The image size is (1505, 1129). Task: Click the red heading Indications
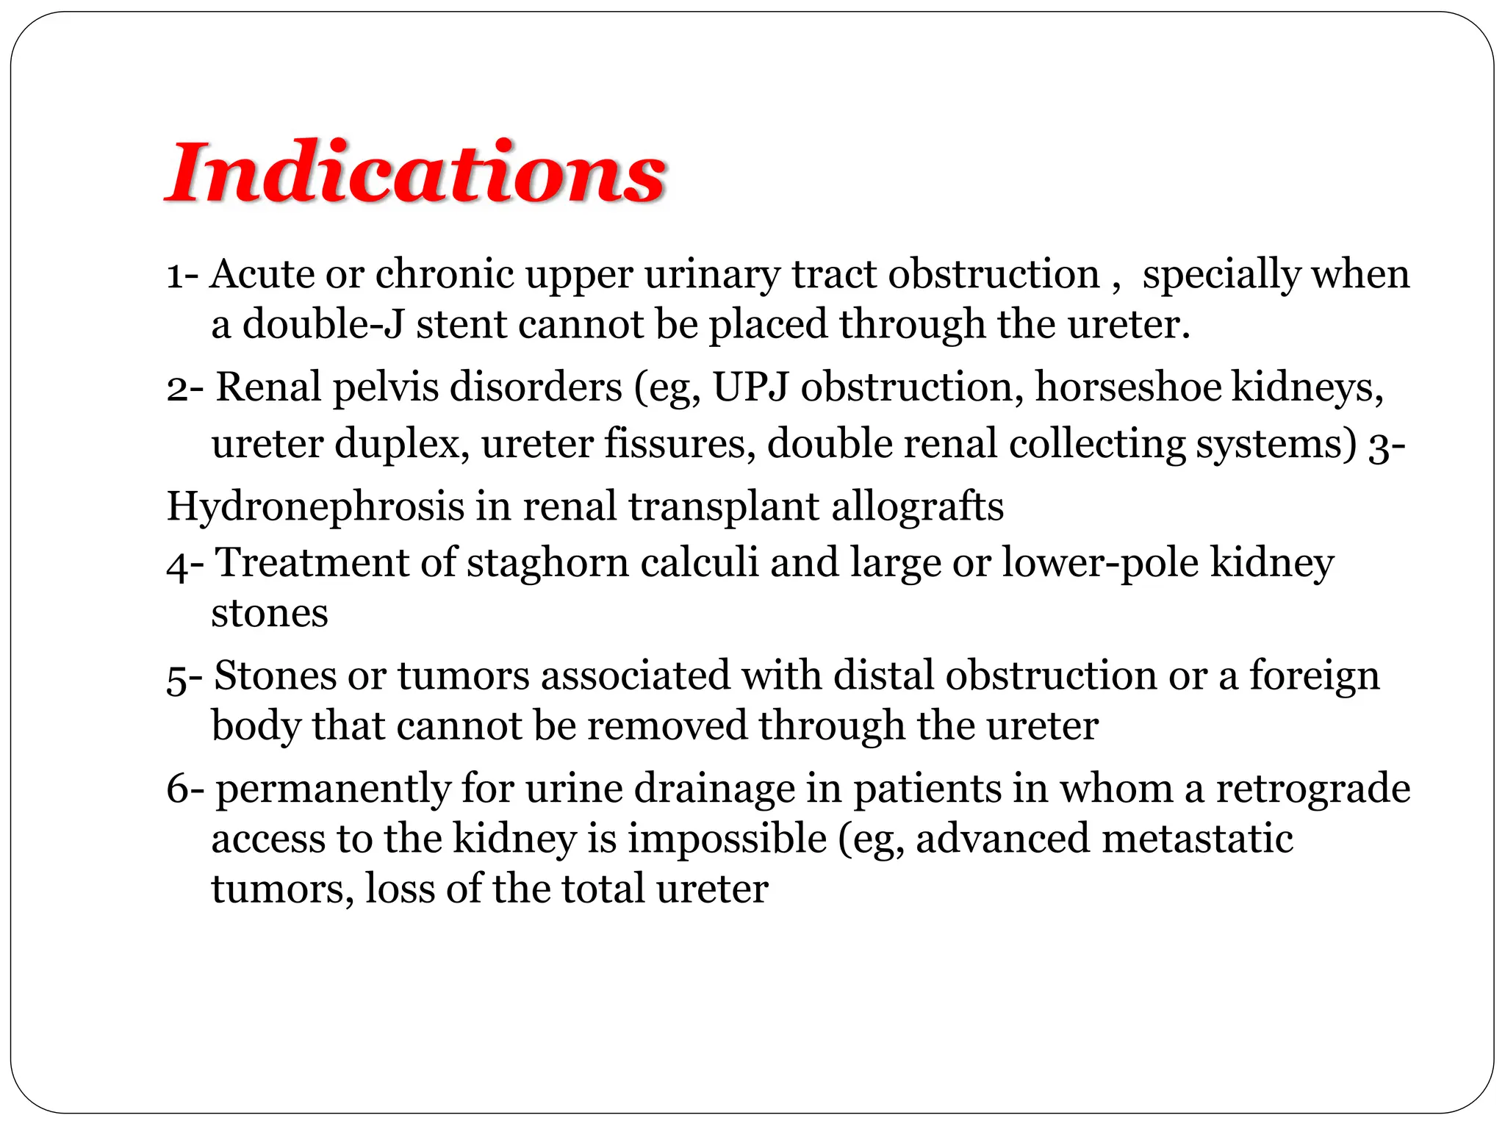click(416, 173)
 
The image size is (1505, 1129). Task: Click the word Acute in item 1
click(262, 274)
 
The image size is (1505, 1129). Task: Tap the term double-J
click(323, 324)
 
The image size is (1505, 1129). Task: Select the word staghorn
click(548, 564)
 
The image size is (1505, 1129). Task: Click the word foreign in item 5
click(1315, 676)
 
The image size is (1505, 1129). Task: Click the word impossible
click(727, 839)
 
